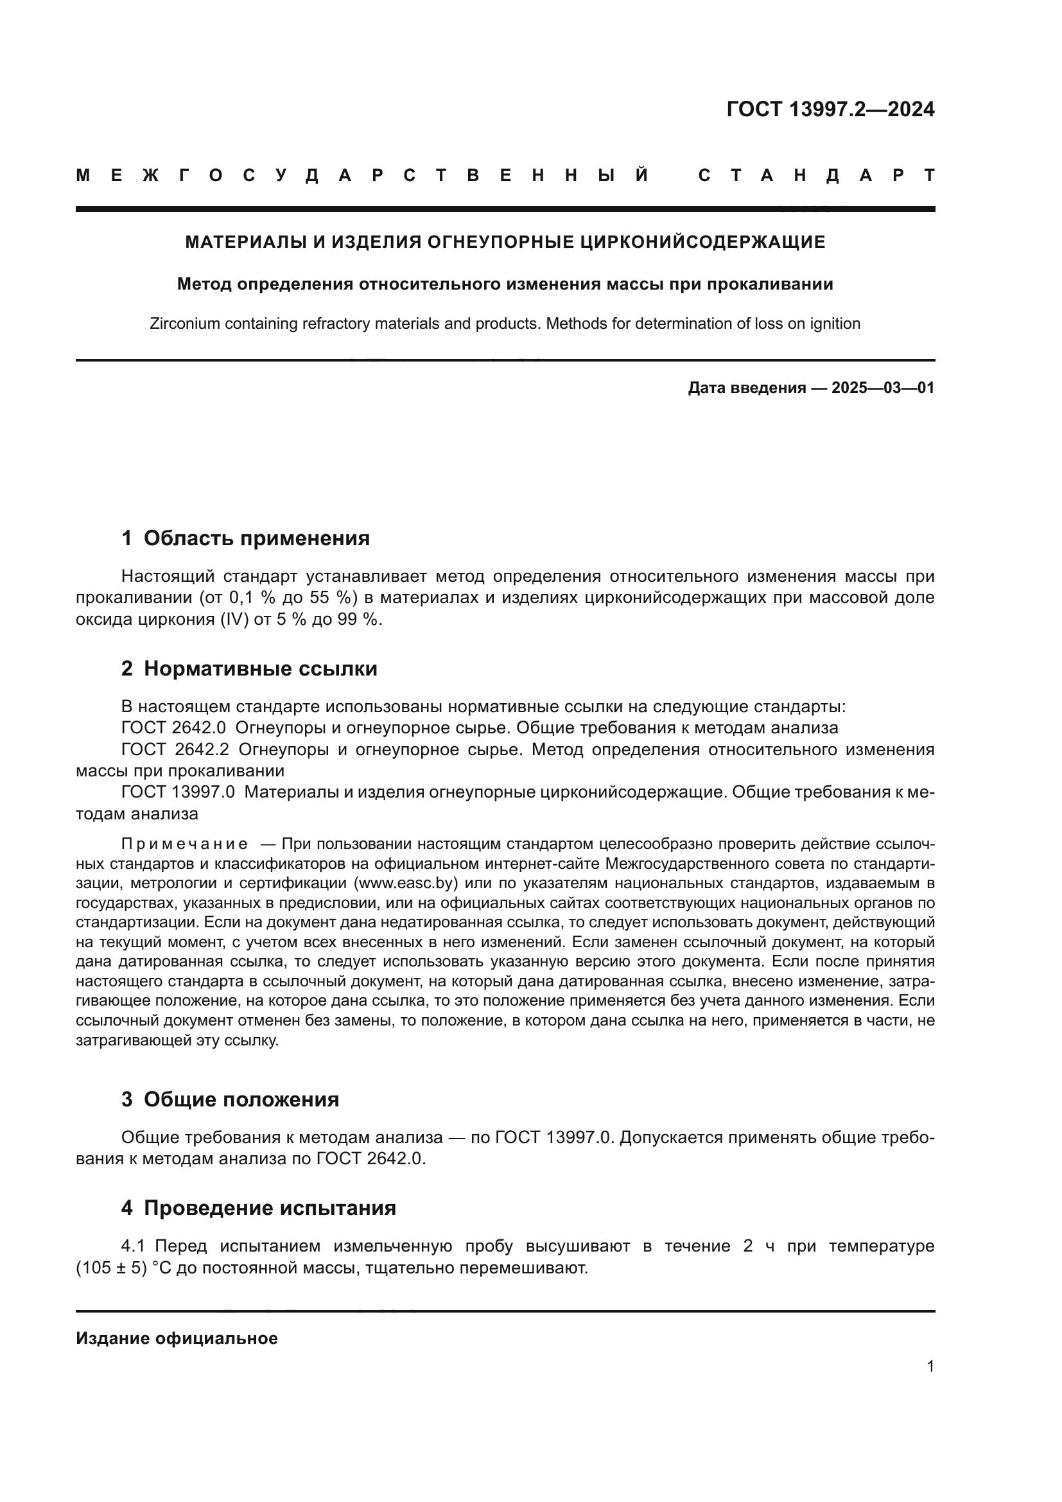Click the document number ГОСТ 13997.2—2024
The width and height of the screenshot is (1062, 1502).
tap(830, 109)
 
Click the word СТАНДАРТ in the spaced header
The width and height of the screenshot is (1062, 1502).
tap(817, 175)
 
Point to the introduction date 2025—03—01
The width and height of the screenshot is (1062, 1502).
tap(882, 388)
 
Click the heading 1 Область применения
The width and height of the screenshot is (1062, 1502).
tap(245, 538)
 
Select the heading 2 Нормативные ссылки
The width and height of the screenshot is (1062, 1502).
tap(249, 668)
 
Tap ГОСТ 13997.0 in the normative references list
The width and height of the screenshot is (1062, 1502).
tap(177, 792)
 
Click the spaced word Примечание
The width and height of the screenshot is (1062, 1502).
tap(184, 844)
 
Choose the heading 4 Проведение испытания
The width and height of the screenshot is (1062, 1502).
tap(258, 1208)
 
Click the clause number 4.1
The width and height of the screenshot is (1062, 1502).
tap(135, 1246)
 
